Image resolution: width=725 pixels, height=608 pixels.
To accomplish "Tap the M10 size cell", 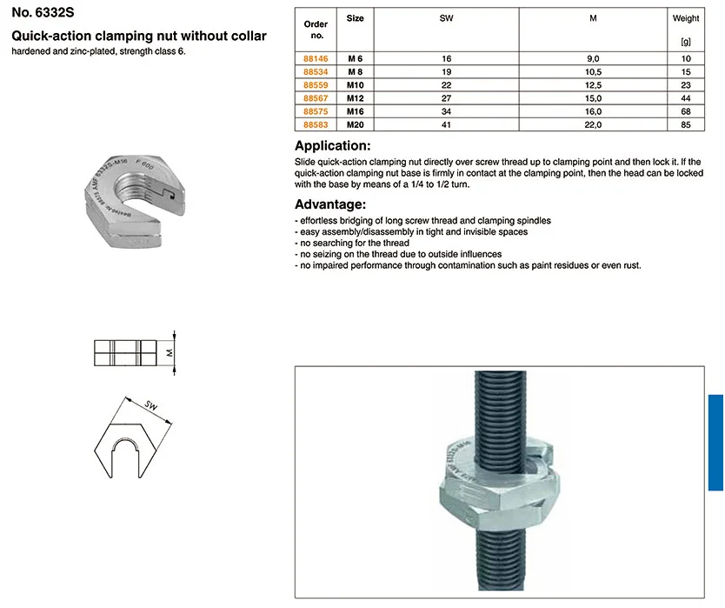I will (355, 85).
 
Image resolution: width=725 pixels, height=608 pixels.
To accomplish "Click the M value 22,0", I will (594, 125).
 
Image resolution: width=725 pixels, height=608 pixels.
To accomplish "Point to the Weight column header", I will (685, 17).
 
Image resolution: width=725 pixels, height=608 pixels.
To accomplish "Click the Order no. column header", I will (314, 30).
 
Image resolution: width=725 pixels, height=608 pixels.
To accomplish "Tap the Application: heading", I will (333, 146).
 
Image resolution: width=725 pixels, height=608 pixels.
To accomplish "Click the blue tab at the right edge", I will (716, 439).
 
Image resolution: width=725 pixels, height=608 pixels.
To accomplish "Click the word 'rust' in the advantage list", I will (631, 265).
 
